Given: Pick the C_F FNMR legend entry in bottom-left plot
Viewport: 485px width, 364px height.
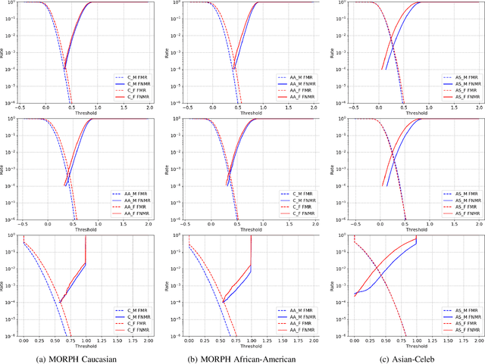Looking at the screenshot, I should click(x=133, y=331).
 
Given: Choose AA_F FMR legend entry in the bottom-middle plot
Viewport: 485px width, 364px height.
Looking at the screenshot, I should click(x=293, y=323).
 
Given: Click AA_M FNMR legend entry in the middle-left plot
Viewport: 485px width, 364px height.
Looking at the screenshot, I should click(x=133, y=200).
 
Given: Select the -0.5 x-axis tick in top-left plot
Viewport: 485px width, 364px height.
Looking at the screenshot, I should click(x=21, y=109).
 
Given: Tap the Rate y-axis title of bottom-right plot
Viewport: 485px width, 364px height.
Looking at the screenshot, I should click(x=330, y=288).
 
